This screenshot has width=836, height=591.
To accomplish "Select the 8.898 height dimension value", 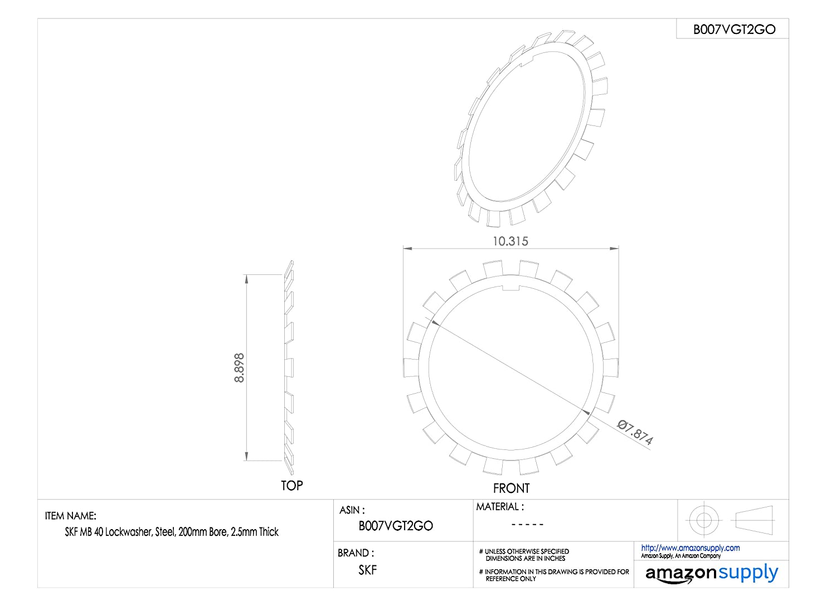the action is click(239, 368).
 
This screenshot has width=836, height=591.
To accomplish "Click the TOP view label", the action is click(291, 485).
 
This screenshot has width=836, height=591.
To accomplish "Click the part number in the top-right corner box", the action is click(734, 30).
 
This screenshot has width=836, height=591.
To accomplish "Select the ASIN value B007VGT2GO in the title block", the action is click(396, 526).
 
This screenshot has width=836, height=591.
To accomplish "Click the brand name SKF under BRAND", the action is click(368, 570).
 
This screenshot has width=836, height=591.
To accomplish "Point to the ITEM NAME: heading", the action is click(71, 516).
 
